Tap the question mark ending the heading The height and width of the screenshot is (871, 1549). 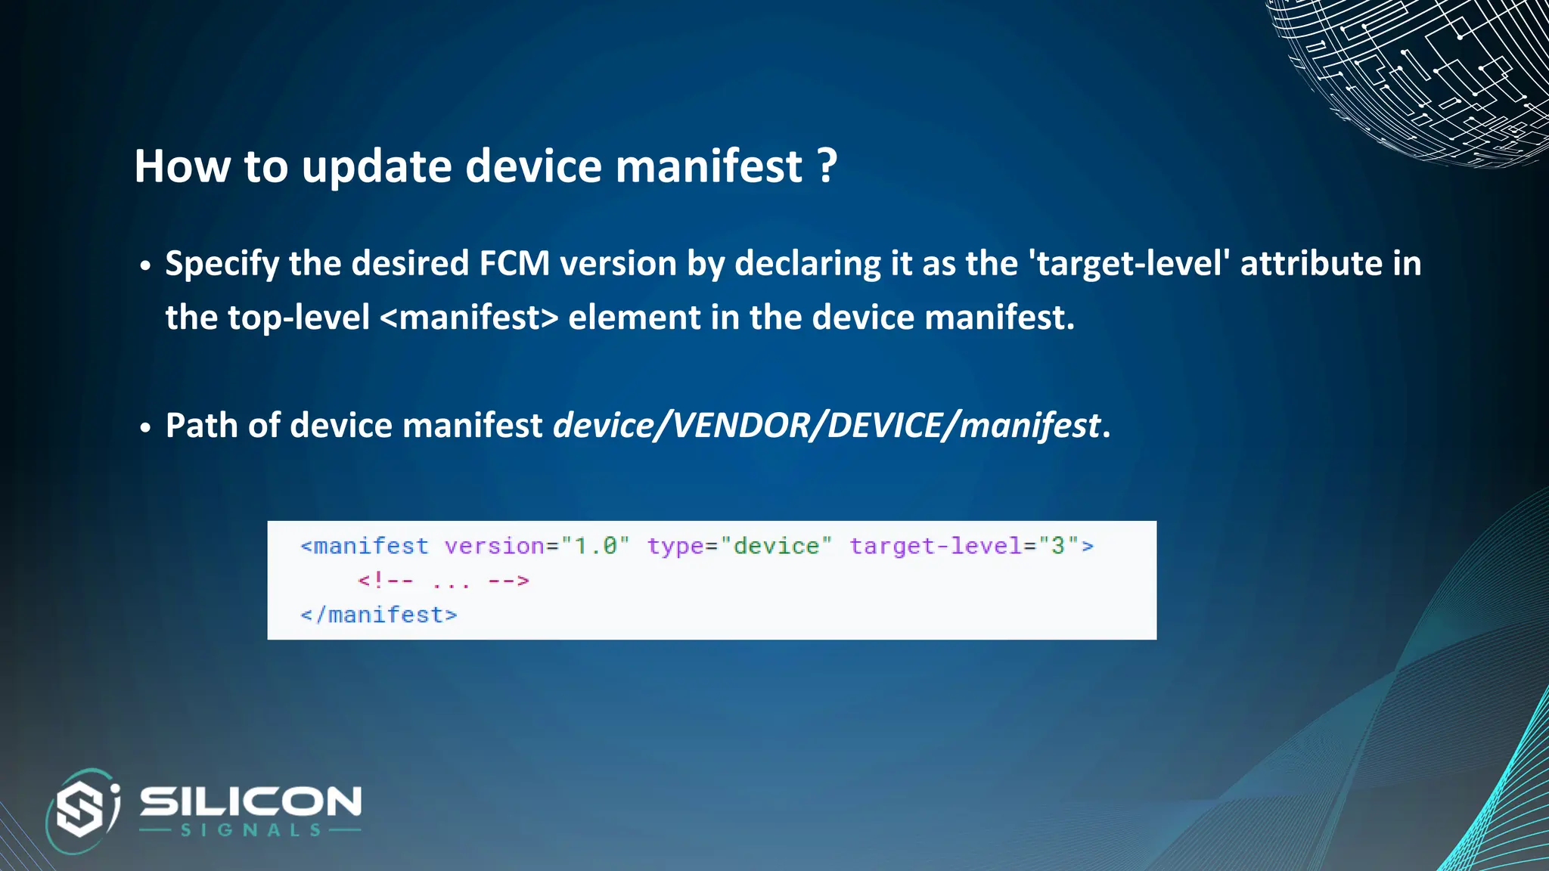(827, 166)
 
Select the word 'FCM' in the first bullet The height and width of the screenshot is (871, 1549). (514, 264)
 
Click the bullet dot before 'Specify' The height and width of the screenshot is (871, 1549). (145, 266)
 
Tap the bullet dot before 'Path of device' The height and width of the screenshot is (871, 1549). (145, 428)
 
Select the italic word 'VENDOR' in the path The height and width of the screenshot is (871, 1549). (741, 426)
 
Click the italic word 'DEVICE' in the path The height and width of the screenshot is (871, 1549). (885, 426)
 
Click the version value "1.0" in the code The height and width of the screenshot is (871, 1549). (595, 546)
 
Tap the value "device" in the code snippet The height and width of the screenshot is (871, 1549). (776, 546)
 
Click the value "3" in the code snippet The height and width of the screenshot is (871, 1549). (1058, 546)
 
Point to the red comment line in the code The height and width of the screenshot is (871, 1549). (443, 581)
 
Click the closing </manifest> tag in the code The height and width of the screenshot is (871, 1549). (379, 615)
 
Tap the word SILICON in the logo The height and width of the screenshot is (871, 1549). (250, 801)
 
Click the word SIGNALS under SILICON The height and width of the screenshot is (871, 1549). (250, 830)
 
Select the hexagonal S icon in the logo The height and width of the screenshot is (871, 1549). (82, 810)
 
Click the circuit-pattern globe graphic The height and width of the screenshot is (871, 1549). (1422, 76)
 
